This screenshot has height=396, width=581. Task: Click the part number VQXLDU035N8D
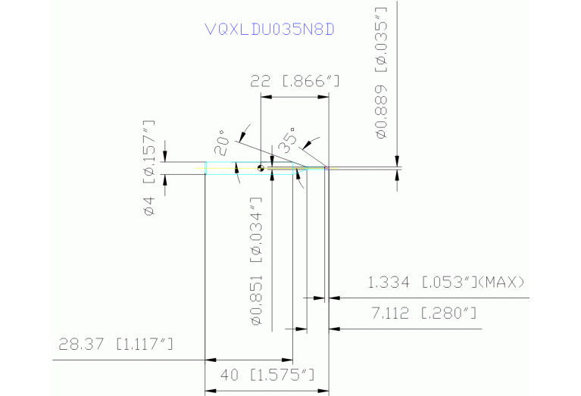pyautogui.click(x=270, y=30)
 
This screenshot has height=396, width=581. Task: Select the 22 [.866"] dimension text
pyautogui.click(x=292, y=83)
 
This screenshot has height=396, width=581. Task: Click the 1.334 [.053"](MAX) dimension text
pyautogui.click(x=445, y=283)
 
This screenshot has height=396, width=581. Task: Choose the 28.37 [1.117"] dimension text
pyautogui.click(x=115, y=345)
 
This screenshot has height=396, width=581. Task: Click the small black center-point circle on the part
pyautogui.click(x=260, y=168)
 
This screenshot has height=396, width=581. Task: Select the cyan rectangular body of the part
pyautogui.click(x=227, y=168)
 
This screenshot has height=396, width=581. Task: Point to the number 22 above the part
pyautogui.click(x=261, y=83)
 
